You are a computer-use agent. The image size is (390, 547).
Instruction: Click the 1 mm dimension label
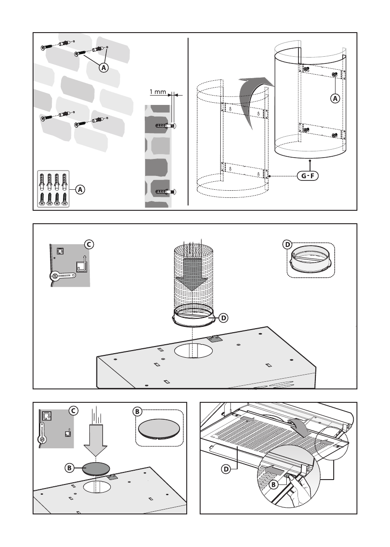click(x=157, y=92)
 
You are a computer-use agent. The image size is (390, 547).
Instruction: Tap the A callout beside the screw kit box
click(x=80, y=189)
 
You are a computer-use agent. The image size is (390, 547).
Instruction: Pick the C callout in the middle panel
click(x=88, y=244)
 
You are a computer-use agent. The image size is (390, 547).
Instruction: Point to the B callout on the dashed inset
click(x=138, y=410)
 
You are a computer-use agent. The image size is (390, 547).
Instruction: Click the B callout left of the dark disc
click(x=69, y=468)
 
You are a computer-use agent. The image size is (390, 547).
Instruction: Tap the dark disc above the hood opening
click(x=96, y=468)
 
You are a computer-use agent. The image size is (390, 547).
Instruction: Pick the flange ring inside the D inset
click(x=311, y=261)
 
